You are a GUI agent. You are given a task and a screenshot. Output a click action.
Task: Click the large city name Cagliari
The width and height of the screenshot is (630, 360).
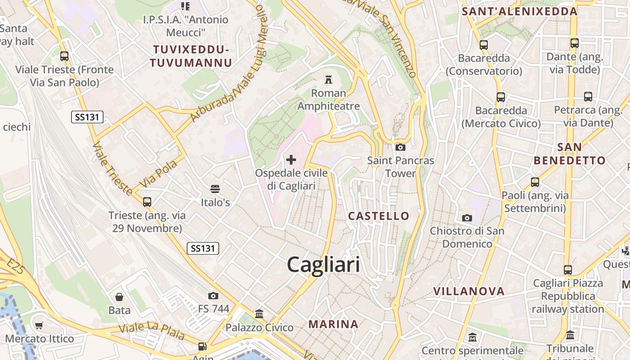(324, 264)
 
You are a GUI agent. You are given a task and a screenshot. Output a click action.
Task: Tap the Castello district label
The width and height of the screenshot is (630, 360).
(379, 216)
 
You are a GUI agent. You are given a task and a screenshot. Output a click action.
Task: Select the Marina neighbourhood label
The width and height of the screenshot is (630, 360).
(333, 324)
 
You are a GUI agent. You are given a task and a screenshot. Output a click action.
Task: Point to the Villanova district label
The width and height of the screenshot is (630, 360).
(469, 291)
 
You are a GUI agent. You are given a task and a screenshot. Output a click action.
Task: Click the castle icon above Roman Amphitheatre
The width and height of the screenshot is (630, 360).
(328, 80)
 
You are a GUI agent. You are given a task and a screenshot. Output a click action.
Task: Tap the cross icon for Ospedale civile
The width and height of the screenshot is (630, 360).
(291, 159)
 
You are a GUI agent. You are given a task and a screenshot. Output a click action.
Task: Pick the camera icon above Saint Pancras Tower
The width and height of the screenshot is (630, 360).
(400, 147)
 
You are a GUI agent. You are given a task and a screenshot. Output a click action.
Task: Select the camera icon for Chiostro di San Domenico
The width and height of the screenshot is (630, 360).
(467, 218)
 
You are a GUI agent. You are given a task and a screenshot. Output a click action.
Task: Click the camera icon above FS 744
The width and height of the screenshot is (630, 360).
(213, 296)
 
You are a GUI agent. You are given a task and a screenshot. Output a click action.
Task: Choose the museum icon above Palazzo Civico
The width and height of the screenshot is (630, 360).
(259, 314)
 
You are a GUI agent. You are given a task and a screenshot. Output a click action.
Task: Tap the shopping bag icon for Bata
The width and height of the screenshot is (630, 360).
(119, 297)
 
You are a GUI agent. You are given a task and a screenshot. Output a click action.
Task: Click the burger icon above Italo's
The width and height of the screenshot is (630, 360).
(215, 189)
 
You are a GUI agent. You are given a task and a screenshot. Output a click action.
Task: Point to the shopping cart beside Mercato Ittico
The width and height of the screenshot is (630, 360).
(39, 325)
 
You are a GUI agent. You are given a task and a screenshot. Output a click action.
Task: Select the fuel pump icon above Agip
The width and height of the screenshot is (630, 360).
(202, 346)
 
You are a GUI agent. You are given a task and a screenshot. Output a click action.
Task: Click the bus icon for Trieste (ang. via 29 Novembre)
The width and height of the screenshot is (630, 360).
(147, 202)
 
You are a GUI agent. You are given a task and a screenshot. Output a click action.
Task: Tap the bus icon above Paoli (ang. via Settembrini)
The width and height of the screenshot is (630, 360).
(535, 182)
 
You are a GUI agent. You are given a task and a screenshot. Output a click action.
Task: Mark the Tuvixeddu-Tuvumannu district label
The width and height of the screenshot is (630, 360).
(191, 56)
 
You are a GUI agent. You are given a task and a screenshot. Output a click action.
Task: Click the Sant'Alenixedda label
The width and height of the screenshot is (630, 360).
(519, 12)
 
